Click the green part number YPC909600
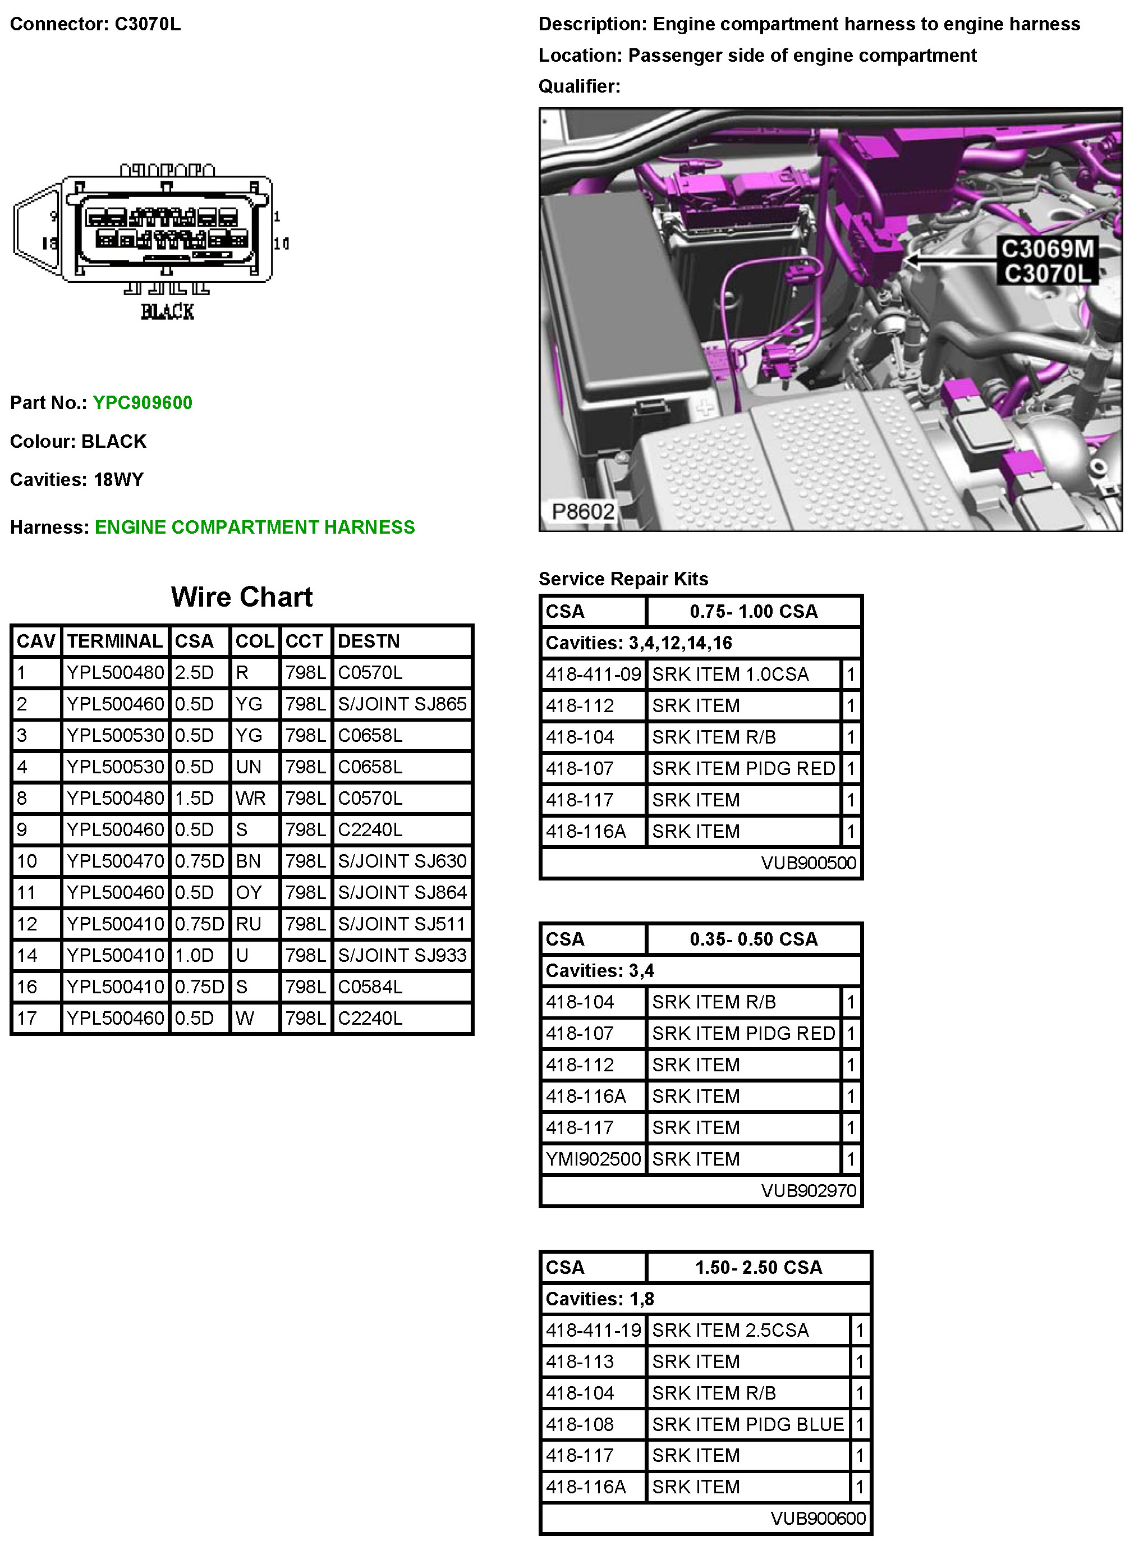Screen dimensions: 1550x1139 (x=142, y=403)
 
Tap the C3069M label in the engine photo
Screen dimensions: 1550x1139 (x=1046, y=249)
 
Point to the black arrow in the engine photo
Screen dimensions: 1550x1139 (x=948, y=260)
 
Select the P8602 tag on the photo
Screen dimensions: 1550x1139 (x=582, y=512)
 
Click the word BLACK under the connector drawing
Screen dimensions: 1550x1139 (x=168, y=311)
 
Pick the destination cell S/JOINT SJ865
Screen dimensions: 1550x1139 (x=402, y=704)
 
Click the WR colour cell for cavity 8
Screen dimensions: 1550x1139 (x=250, y=799)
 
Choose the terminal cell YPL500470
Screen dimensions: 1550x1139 (x=115, y=861)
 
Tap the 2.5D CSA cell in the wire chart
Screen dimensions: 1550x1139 (x=195, y=672)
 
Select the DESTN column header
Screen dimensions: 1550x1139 (x=368, y=641)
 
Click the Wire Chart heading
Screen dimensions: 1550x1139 (x=241, y=597)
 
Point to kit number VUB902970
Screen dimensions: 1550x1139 (x=808, y=1191)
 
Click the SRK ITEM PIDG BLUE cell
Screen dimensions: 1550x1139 (x=747, y=1424)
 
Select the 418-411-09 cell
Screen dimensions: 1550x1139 (x=593, y=675)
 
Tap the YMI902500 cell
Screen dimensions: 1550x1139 (x=593, y=1159)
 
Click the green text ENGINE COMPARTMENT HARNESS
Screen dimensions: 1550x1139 (x=254, y=528)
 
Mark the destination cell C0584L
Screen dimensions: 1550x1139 (x=370, y=987)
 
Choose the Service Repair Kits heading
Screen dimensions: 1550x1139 (x=623, y=579)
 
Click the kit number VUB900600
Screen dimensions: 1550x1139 (x=817, y=1518)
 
